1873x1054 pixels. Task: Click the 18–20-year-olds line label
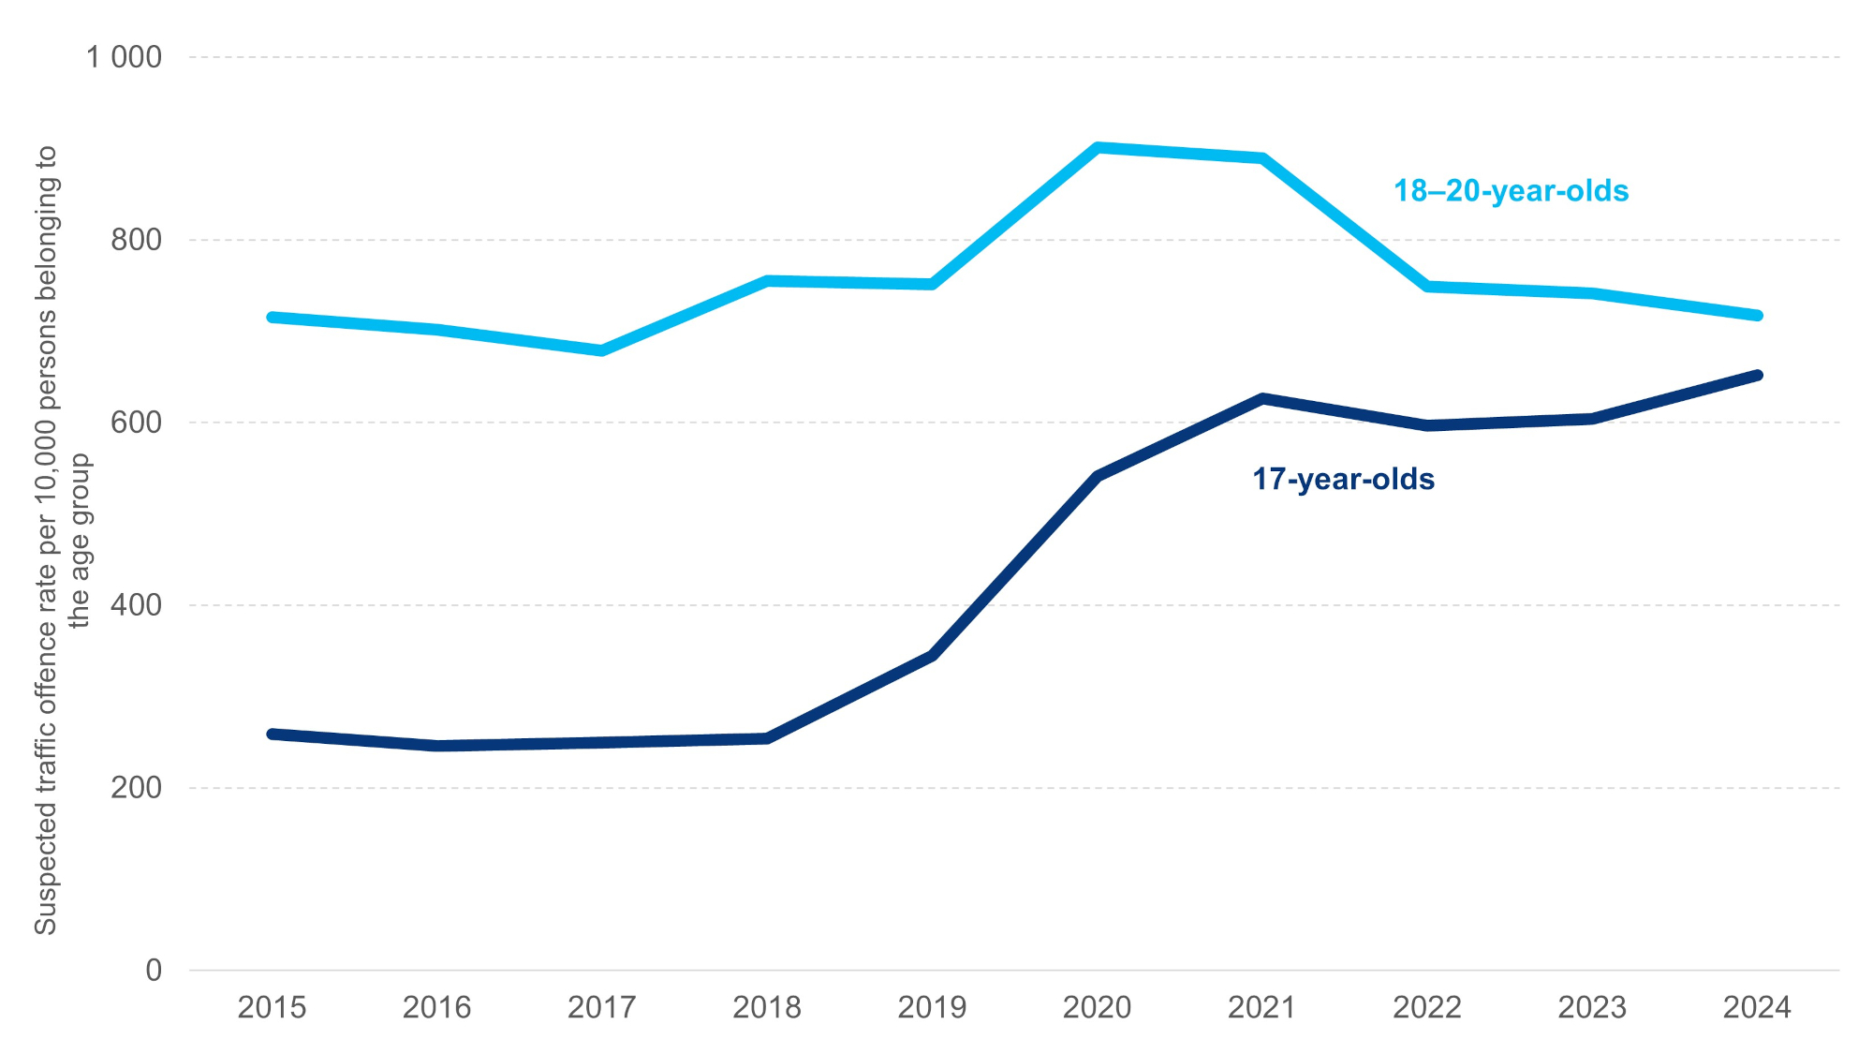(1511, 190)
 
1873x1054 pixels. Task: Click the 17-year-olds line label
(1343, 479)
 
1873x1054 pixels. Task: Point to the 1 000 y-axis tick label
(124, 57)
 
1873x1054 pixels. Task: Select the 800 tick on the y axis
(136, 240)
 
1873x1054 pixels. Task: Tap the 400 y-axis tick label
(136, 605)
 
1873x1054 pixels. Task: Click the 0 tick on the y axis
(154, 971)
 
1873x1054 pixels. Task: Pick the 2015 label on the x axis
(272, 1007)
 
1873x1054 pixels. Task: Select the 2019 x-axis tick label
(932, 1007)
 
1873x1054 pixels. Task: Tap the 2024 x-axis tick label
(1757, 1007)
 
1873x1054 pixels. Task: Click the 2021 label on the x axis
(1261, 1007)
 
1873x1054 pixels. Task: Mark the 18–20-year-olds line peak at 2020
(1098, 147)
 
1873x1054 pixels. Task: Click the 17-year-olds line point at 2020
(1098, 476)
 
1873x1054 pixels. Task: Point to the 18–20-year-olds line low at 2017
(602, 350)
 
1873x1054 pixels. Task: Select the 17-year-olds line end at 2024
(1757, 376)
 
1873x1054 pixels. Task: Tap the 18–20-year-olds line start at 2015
(272, 318)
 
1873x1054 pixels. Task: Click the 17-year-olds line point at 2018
(767, 738)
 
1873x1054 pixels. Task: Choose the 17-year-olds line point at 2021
(1262, 398)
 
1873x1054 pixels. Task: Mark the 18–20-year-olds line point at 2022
(1427, 287)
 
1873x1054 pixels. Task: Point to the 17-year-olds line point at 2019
(932, 656)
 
